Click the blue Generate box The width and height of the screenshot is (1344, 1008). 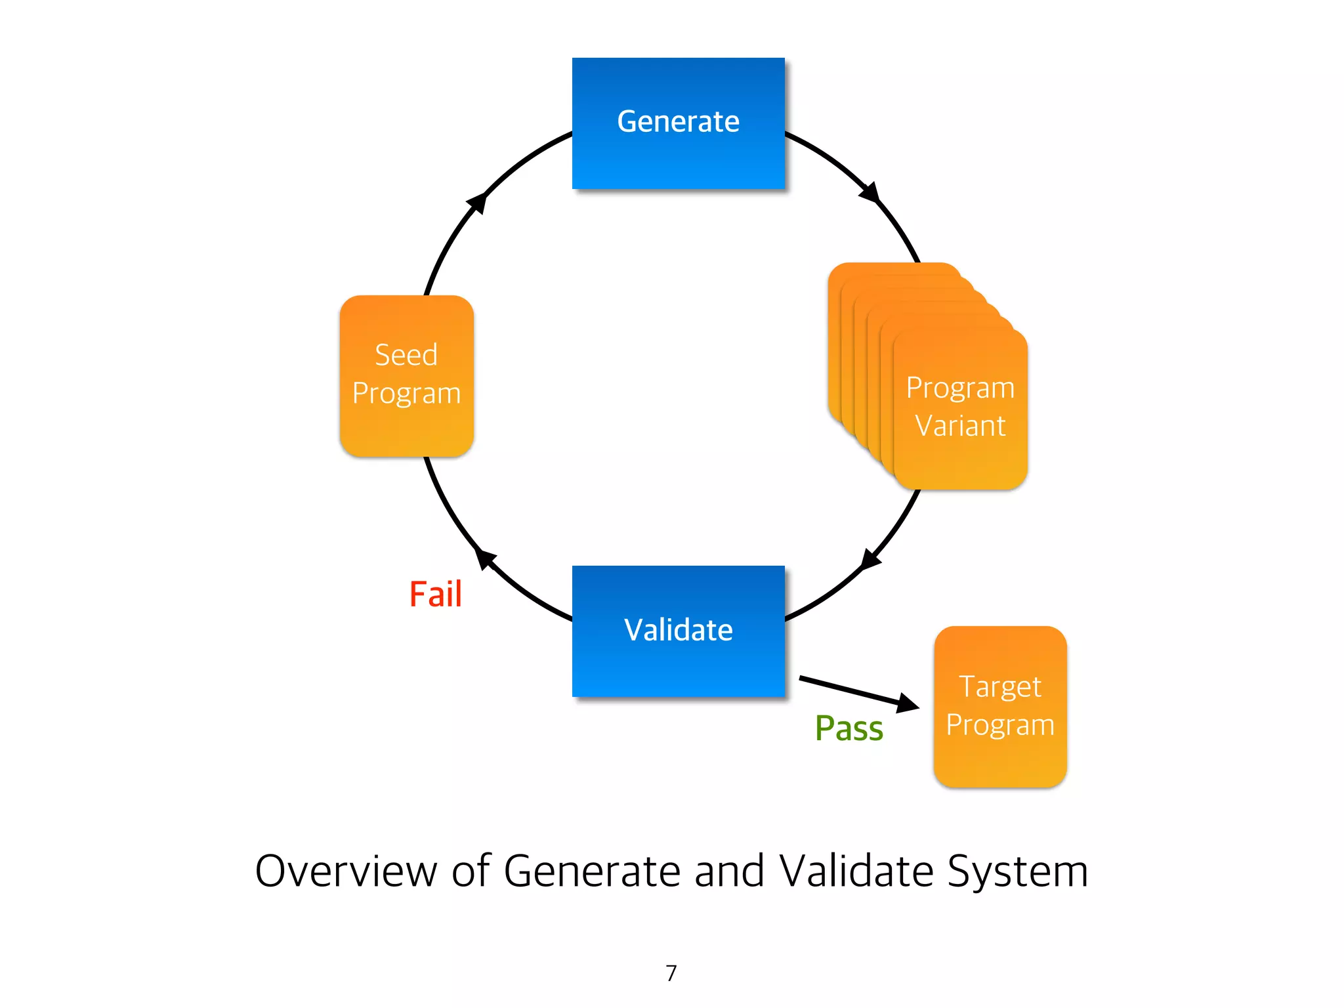pyautogui.click(x=678, y=123)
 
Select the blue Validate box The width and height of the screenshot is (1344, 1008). pyautogui.click(x=678, y=631)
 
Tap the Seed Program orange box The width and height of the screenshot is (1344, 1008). pyautogui.click(x=406, y=375)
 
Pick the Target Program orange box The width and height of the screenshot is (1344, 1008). pyautogui.click(x=1000, y=706)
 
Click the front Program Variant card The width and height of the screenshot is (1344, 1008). pyautogui.click(x=960, y=408)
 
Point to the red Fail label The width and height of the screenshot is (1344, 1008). pyautogui.click(x=435, y=595)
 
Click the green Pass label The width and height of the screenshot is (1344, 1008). pyautogui.click(x=849, y=728)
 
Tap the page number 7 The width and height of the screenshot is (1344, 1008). pyautogui.click(x=671, y=973)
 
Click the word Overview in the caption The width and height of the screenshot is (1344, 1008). pyautogui.click(x=346, y=871)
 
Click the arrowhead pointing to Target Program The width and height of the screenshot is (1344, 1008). pyautogui.click(x=908, y=703)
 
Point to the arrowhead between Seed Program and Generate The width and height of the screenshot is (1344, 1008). pyautogui.click(x=478, y=203)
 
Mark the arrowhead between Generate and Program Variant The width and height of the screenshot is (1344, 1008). pyautogui.click(x=870, y=192)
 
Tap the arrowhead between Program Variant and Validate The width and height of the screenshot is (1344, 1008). pyautogui.click(x=870, y=559)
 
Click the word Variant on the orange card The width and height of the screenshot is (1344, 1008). pyautogui.click(x=960, y=427)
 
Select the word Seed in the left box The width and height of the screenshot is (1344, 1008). pyautogui.click(x=406, y=355)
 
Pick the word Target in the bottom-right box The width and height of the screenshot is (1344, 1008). pyautogui.click(x=1000, y=687)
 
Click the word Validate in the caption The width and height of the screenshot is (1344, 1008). pyautogui.click(x=857, y=871)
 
